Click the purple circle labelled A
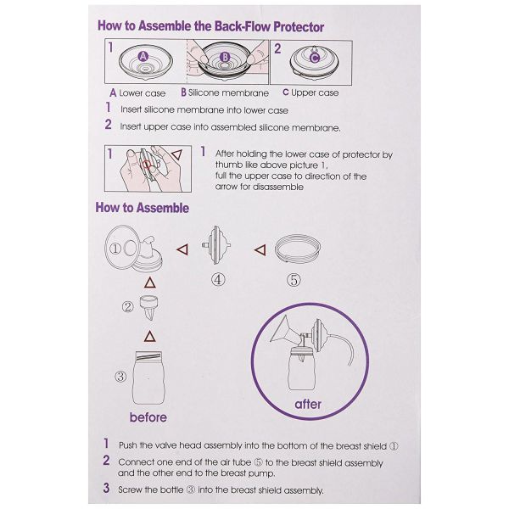point(143,57)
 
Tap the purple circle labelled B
point(225,57)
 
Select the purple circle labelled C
point(315,58)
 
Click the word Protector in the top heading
point(299,27)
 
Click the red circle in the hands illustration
point(146,165)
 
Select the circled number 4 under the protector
point(218,279)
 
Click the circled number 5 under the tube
point(294,280)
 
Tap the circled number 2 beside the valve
point(127,306)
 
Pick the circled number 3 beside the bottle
point(120,377)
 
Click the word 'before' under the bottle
point(148,417)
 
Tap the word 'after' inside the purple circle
point(308,404)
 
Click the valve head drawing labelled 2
point(149,308)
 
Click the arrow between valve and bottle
point(149,336)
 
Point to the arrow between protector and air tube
point(260,250)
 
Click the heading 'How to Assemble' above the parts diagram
point(143,208)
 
